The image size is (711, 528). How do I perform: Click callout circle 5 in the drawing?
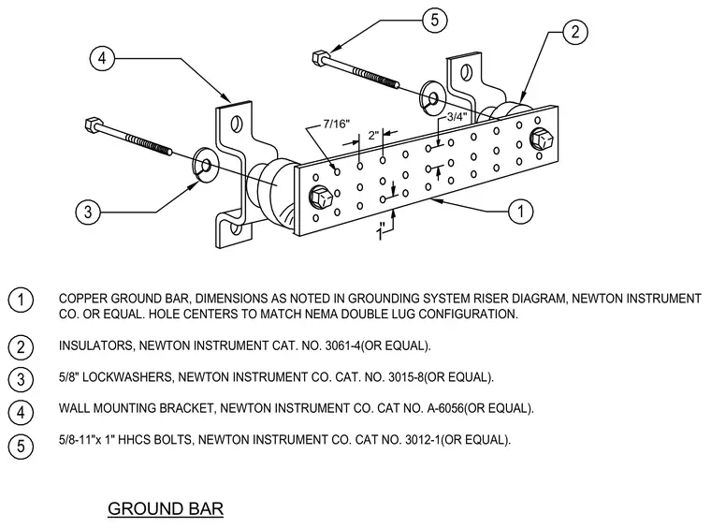434,20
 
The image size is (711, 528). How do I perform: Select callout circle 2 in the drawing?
575,32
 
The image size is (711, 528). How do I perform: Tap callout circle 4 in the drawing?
102,59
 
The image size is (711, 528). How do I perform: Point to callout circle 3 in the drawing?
88,212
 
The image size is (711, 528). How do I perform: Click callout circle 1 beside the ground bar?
520,211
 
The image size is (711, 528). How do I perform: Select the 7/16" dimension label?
337,124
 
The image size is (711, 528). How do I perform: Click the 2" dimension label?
373,135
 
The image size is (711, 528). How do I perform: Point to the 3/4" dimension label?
457,117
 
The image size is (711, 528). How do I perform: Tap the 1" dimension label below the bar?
382,232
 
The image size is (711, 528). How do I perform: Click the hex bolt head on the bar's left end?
319,197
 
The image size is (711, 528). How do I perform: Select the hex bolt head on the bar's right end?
543,138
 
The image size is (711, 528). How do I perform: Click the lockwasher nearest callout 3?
205,165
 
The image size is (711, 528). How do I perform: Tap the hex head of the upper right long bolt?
319,57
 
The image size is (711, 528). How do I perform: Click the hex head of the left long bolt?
91,125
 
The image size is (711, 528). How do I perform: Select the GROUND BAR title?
166,508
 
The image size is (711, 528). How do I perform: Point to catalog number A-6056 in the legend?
445,408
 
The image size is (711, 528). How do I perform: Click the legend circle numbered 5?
21,446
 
